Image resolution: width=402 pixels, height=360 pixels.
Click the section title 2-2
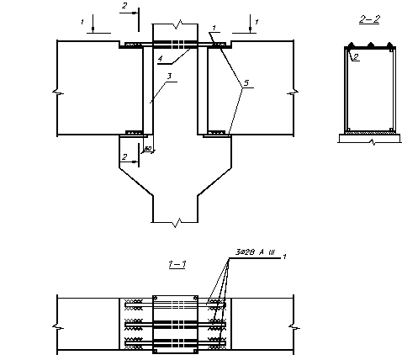[x=369, y=19]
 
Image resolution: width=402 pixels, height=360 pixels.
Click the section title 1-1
[x=177, y=264]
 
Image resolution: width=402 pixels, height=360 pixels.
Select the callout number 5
[x=246, y=83]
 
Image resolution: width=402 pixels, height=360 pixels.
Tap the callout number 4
[x=160, y=59]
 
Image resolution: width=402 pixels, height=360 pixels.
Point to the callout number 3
[x=169, y=77]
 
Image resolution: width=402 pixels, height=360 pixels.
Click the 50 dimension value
[x=148, y=148]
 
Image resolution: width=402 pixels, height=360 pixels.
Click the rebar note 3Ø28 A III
[x=255, y=252]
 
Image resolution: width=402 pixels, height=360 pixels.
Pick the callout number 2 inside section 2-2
[x=356, y=57]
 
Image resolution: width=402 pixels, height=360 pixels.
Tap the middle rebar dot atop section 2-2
[x=371, y=45]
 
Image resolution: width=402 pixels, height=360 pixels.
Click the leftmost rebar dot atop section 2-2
[x=351, y=45]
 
